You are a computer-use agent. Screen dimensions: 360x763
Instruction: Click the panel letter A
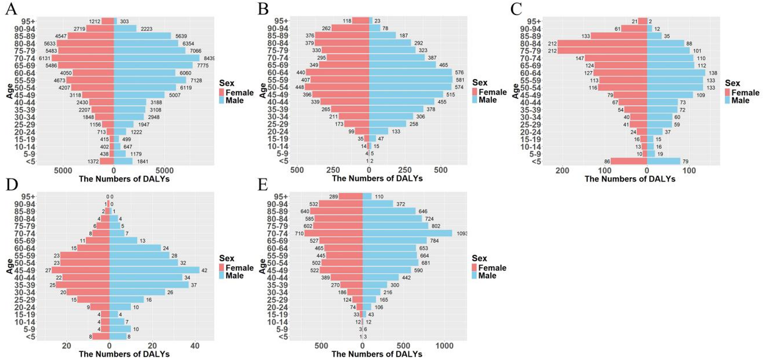point(11,9)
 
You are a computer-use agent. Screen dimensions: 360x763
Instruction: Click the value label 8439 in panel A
point(209,58)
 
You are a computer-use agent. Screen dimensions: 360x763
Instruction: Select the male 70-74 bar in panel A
point(157,58)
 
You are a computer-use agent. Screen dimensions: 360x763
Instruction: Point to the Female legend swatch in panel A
point(222,92)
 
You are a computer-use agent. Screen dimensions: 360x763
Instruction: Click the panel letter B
point(263,9)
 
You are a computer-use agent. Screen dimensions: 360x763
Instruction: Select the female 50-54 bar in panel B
point(337,87)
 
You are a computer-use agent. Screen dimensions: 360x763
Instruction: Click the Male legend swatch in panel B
point(475,100)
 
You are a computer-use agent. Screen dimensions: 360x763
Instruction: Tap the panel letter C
point(516,9)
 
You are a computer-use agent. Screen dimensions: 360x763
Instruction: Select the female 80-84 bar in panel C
point(602,44)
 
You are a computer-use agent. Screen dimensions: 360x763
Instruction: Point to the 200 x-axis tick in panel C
point(562,170)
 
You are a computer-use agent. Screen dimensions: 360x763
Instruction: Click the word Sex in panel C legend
point(732,83)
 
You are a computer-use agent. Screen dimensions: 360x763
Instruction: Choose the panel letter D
point(12,184)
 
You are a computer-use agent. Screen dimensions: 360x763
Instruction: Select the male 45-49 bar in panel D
point(154,270)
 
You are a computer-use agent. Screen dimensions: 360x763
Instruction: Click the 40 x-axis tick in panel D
point(195,346)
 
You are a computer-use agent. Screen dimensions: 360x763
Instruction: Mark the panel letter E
point(263,184)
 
